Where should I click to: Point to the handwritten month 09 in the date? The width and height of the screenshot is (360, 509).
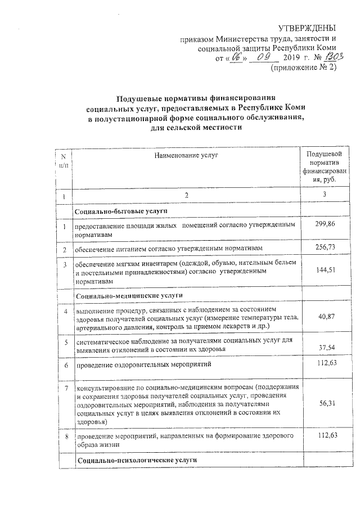click(x=264, y=57)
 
